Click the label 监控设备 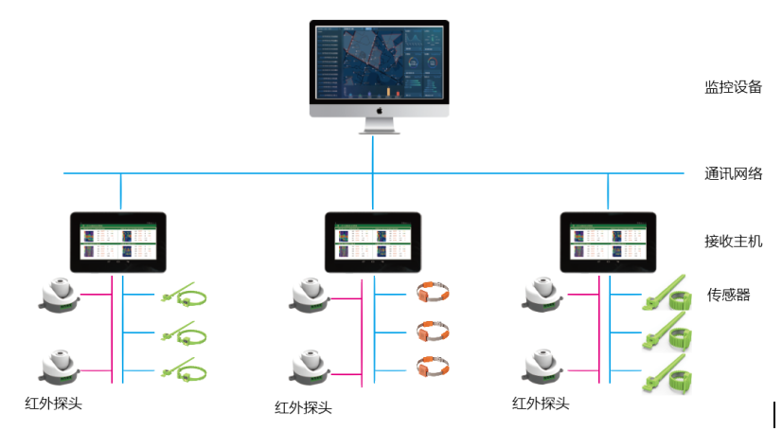coord(733,87)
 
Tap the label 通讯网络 coord(733,173)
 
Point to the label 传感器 coord(728,295)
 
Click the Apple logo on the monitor coord(379,110)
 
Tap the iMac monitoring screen coord(379,62)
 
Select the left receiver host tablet coord(118,242)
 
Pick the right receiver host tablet coord(608,242)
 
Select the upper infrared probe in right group coord(546,294)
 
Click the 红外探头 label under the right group coord(541,404)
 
